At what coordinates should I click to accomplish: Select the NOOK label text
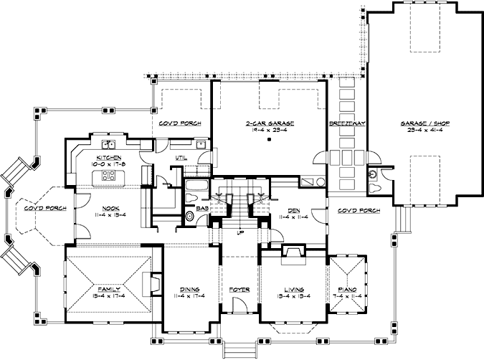tap(110, 207)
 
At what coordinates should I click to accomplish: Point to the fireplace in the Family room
tap(153, 283)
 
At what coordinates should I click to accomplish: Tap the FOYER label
tap(239, 289)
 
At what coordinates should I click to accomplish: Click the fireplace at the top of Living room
tap(293, 251)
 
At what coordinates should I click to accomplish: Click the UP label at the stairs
tap(240, 232)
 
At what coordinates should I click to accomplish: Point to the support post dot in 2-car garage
tap(268, 141)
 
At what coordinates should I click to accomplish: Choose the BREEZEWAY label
tap(347, 123)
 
